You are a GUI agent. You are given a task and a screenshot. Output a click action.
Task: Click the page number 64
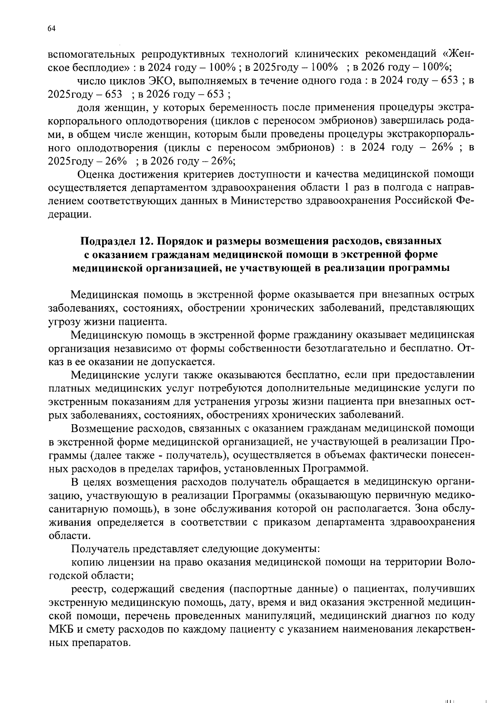(x=51, y=28)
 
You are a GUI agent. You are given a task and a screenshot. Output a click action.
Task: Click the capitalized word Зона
(x=426, y=508)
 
